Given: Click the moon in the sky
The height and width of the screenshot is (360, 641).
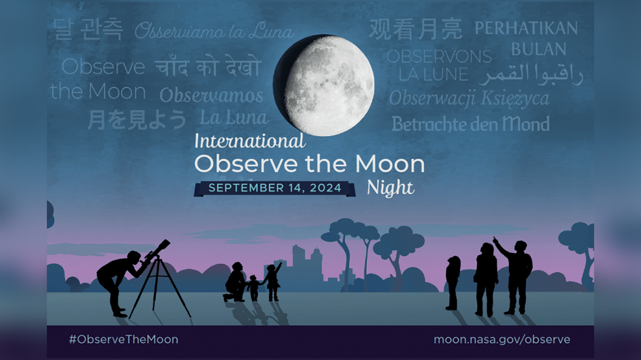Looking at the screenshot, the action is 324,85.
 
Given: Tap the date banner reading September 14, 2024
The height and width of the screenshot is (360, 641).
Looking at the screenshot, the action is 275,189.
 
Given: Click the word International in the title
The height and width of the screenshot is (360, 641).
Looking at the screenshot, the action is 250,141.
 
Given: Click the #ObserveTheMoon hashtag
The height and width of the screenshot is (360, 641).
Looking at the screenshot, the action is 123,339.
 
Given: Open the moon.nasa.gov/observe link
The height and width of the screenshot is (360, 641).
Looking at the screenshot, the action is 502,339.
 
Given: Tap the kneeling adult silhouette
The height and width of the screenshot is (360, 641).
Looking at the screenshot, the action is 235,282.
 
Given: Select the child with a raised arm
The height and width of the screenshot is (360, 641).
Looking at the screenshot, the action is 273,282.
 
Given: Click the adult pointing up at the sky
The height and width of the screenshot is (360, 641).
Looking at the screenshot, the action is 516,277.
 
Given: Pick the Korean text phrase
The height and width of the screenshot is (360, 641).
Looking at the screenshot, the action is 88,29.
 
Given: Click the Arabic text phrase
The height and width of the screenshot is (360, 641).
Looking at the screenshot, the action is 531,74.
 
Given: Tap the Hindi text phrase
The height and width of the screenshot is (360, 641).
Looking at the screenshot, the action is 207,67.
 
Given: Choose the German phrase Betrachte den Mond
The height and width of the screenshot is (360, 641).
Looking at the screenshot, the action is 471,124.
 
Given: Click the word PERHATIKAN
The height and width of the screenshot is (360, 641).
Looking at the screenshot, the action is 526,28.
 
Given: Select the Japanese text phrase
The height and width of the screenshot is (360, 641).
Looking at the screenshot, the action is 137,119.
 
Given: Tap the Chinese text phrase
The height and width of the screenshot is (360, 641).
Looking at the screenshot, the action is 416,29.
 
